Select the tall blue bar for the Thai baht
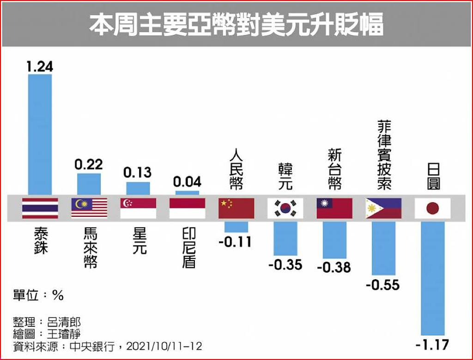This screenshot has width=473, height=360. click(x=40, y=134)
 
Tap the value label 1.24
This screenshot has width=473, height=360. click(x=40, y=66)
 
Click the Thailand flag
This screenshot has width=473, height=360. click(x=40, y=208)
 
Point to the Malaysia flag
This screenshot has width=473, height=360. click(x=89, y=208)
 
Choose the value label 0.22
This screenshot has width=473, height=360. click(x=89, y=164)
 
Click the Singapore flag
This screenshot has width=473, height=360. click(x=138, y=208)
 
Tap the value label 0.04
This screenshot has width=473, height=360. click(x=187, y=181)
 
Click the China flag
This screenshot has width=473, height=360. click(x=236, y=208)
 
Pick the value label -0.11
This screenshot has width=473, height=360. click(x=236, y=241)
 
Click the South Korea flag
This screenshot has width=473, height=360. click(x=285, y=208)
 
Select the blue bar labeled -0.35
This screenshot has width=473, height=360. click(x=285, y=238)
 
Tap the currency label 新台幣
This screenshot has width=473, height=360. click(x=334, y=169)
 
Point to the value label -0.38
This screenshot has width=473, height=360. click(x=334, y=267)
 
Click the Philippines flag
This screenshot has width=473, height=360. click(x=383, y=208)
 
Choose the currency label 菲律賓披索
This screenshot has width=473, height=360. click(x=384, y=155)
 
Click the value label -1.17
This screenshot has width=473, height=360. click(x=433, y=344)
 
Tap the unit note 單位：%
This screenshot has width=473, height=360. click(x=38, y=295)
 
